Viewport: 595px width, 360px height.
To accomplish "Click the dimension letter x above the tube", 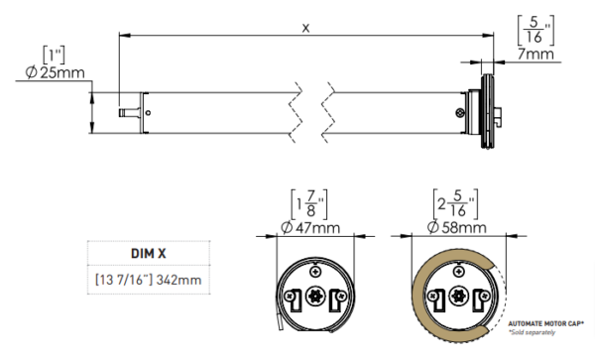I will click(x=305, y=28).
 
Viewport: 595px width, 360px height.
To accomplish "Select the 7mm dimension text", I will click(x=536, y=57).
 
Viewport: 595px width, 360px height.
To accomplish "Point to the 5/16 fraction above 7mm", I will click(x=535, y=30).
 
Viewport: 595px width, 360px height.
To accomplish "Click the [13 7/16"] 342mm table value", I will click(x=147, y=281).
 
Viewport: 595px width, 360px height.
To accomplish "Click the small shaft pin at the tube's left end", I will click(x=126, y=114).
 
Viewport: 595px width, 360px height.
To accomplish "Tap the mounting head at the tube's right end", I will click(x=486, y=115).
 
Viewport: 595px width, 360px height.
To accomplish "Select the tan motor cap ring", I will click(x=420, y=288).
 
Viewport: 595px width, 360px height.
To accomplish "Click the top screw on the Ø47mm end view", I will click(x=314, y=269).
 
